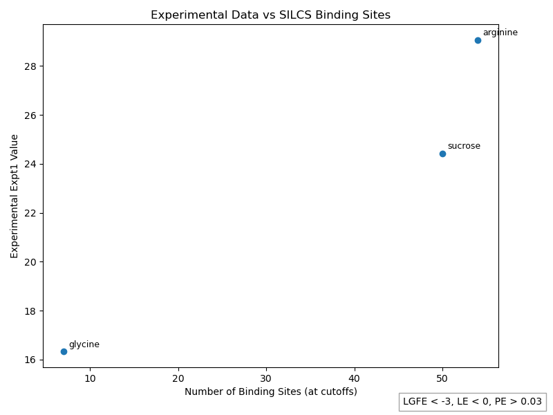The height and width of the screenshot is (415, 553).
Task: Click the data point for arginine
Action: coord(478,40)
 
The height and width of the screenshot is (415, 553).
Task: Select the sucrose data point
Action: coord(442,154)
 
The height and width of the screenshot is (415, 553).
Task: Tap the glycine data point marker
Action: coord(64,351)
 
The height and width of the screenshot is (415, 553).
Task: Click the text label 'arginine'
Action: coord(500,33)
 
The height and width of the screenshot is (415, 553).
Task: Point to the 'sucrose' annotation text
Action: coord(464,146)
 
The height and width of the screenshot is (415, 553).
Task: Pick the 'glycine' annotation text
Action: coord(84,344)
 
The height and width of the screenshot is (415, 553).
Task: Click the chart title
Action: coord(270,15)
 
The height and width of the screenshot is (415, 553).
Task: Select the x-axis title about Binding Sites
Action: coord(270,391)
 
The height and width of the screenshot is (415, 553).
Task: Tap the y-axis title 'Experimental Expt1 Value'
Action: coord(15,196)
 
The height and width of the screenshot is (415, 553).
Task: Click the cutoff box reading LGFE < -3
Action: coord(472,401)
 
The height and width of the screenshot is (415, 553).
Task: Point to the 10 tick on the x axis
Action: coord(90,378)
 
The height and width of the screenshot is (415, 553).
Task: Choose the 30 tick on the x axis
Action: coord(266,378)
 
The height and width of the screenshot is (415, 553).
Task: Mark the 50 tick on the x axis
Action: coord(442,378)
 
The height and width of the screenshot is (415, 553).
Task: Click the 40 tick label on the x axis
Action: coord(355,378)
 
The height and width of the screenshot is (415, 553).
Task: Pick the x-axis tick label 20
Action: coord(178,378)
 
